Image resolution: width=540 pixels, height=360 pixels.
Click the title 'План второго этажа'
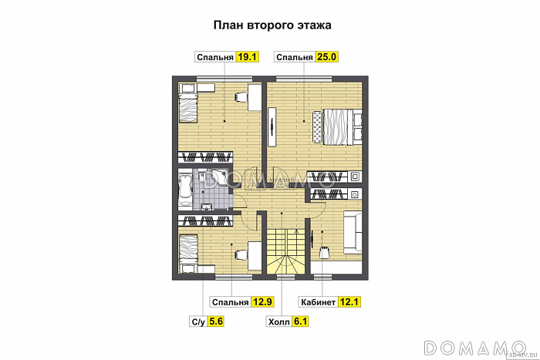coord(272,25)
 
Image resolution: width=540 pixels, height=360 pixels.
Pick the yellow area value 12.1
coord(351,302)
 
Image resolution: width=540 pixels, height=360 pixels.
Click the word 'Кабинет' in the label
coord(316,302)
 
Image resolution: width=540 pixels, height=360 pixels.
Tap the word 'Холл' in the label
coord(278,321)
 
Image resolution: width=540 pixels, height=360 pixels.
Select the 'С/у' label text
coord(197,321)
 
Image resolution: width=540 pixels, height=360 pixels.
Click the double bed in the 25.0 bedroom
coord(337,126)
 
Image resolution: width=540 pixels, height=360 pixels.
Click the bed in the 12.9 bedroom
coord(189,251)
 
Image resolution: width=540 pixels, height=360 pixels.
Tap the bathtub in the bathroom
coord(186,187)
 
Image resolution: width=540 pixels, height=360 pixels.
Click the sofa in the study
coord(353,232)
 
